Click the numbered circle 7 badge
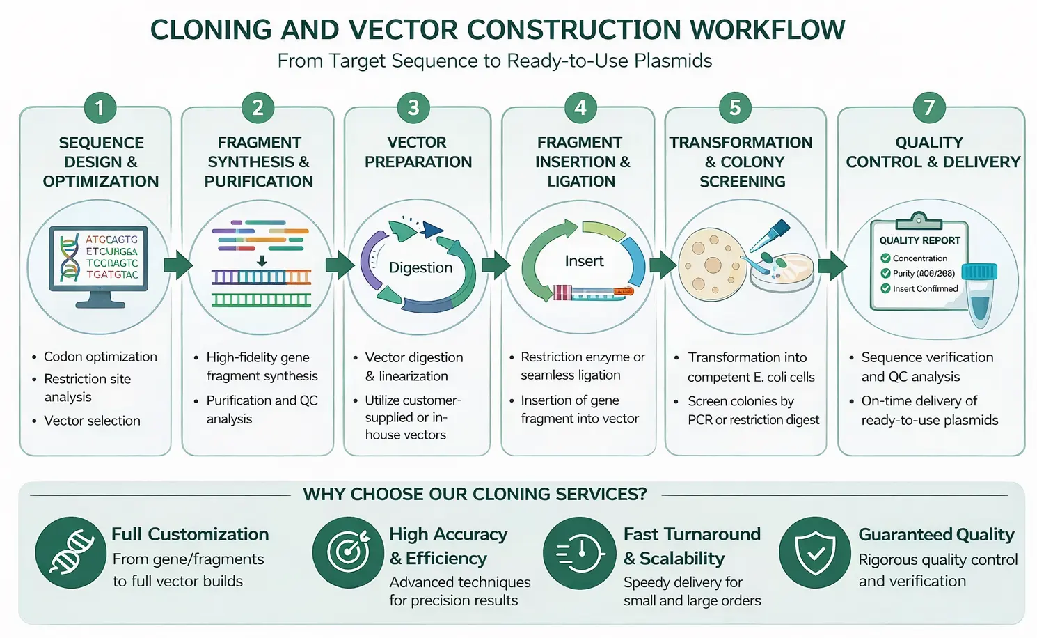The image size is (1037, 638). point(928,108)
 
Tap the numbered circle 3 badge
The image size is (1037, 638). point(413,108)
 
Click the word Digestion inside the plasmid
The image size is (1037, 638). point(420,267)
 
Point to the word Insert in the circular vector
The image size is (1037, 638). point(584,261)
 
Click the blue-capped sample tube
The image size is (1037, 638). point(980,293)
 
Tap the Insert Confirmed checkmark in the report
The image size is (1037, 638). point(886,288)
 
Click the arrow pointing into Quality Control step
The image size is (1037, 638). point(832,265)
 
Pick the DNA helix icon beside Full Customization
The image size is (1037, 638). point(70,552)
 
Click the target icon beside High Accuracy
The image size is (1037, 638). point(347,552)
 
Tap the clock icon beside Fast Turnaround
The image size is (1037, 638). point(579,553)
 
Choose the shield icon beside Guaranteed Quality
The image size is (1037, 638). point(815,553)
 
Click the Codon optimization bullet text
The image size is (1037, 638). point(100,357)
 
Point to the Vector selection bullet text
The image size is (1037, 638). point(92,421)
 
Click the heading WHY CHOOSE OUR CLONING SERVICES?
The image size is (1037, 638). point(475,495)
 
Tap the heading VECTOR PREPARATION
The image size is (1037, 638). point(418,152)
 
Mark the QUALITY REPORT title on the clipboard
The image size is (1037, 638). point(919,240)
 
